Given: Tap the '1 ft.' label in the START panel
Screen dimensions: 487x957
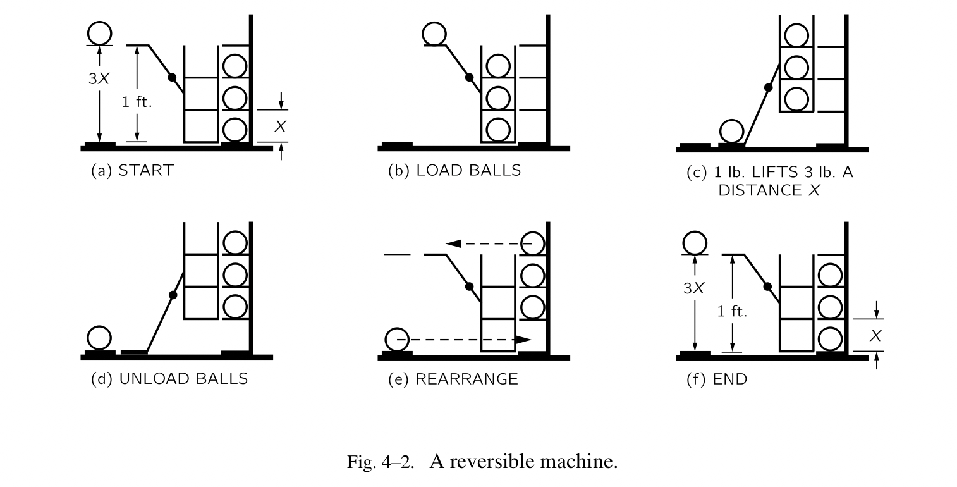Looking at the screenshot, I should click(137, 101).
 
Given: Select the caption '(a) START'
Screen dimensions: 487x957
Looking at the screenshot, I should click(132, 170).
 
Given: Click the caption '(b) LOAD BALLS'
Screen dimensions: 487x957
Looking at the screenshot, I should click(454, 170).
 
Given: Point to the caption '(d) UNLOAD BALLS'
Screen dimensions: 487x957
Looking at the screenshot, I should click(169, 378).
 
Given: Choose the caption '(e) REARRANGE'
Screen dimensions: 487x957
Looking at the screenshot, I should click(453, 379).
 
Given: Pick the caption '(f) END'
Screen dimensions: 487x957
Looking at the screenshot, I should click(717, 379).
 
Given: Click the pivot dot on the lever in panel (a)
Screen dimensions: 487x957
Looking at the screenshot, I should click(172, 77).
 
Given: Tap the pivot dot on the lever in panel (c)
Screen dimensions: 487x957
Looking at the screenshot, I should click(769, 87).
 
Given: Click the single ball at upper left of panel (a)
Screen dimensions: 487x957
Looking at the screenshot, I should click(100, 33).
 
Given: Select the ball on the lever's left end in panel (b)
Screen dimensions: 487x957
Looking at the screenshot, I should click(434, 34).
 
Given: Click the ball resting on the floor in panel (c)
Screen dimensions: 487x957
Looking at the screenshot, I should click(732, 132).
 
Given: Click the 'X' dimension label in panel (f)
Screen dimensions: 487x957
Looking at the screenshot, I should click(875, 336).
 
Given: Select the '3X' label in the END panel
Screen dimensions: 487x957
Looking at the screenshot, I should click(693, 288).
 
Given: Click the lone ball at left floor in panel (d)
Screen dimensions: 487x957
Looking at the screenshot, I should click(99, 338).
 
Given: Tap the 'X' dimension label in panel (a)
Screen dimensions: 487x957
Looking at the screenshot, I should click(280, 126).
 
